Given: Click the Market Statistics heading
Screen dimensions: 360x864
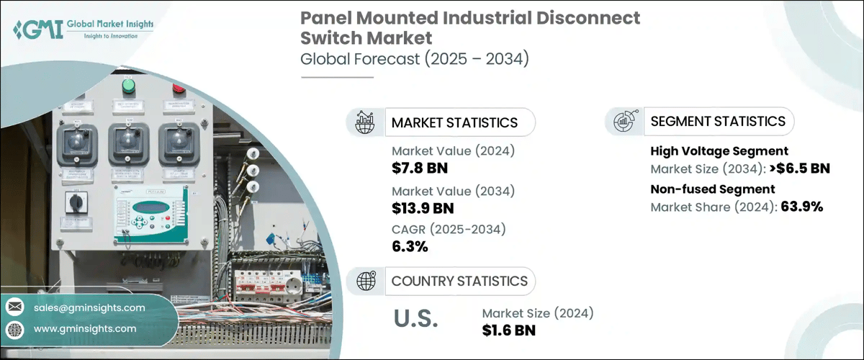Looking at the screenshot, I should point(454,122).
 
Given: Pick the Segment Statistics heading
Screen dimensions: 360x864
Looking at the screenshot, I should point(717,121).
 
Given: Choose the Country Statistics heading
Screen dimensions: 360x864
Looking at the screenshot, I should point(459,281).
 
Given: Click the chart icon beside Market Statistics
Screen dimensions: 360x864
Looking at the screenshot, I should point(364,122).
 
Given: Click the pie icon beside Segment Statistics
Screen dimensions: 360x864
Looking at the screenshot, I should point(623,121).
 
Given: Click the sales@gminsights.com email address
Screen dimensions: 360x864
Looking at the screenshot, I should point(89,307).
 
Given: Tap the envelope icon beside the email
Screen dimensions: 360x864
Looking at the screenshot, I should point(14,307).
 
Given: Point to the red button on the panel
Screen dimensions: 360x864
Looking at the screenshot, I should point(178,89).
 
